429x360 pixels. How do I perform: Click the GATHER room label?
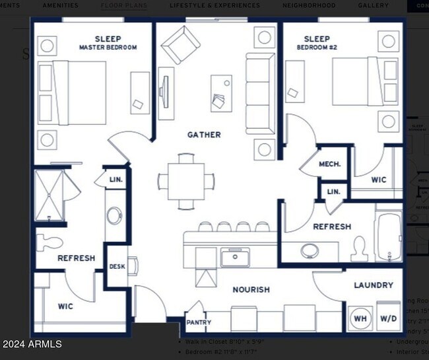click(x=204, y=135)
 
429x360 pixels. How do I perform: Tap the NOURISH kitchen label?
click(x=251, y=289)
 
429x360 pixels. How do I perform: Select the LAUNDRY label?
click(x=373, y=285)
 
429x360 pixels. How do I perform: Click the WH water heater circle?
click(x=360, y=318)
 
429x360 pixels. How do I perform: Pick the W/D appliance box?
click(x=389, y=318)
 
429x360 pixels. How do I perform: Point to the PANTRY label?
click(x=198, y=323)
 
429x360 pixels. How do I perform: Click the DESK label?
click(x=117, y=267)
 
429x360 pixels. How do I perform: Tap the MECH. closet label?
click(x=329, y=164)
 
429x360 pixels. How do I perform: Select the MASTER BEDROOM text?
click(x=108, y=48)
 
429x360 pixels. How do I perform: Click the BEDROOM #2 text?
click(x=317, y=48)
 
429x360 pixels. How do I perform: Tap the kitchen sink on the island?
click(x=234, y=257)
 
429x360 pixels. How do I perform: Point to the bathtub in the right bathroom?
click(x=388, y=236)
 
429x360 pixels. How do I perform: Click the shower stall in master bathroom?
click(x=51, y=194)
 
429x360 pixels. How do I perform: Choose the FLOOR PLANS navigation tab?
click(x=124, y=5)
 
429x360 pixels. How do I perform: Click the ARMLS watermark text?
click(x=32, y=344)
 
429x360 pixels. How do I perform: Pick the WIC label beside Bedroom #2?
click(x=379, y=179)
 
